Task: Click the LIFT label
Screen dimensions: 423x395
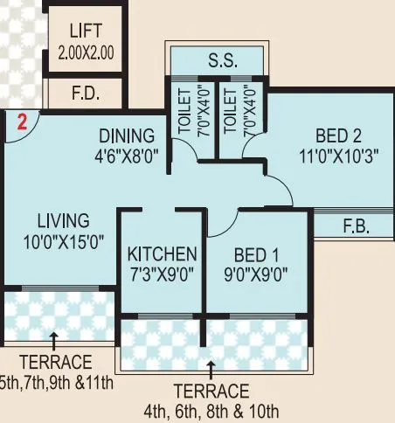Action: [86, 32]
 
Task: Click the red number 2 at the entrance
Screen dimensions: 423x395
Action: [24, 123]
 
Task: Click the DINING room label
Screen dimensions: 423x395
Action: [127, 136]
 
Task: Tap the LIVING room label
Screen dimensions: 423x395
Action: [63, 218]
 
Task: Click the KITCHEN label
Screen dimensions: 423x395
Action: [162, 254]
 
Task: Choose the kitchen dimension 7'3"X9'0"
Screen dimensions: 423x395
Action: [162, 273]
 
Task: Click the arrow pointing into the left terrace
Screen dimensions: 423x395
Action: [55, 338]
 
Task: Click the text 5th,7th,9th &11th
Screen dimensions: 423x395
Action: [58, 381]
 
